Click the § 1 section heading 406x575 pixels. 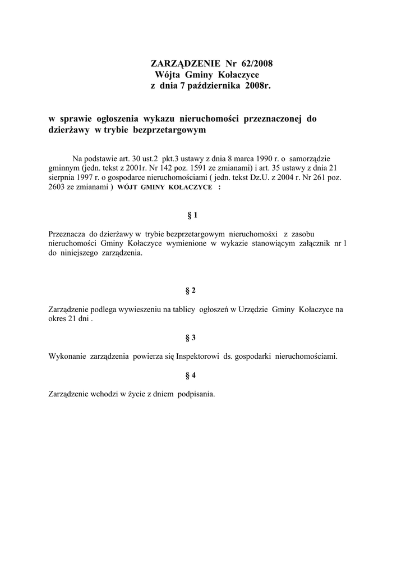(192, 215)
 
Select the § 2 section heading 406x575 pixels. (191, 290)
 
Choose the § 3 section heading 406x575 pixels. (191, 337)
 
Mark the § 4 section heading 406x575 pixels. (191, 375)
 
